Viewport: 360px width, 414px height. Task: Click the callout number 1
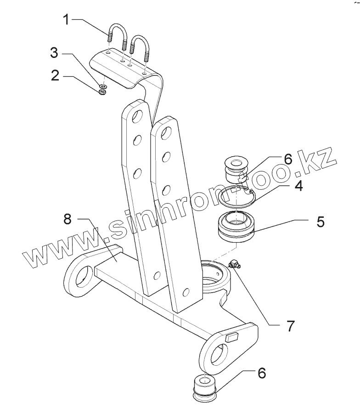(67, 20)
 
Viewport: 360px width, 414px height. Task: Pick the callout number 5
(320, 221)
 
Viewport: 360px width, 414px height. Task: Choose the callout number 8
(68, 220)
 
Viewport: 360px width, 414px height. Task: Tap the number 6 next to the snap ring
(288, 160)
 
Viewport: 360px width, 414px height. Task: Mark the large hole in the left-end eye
(83, 278)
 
